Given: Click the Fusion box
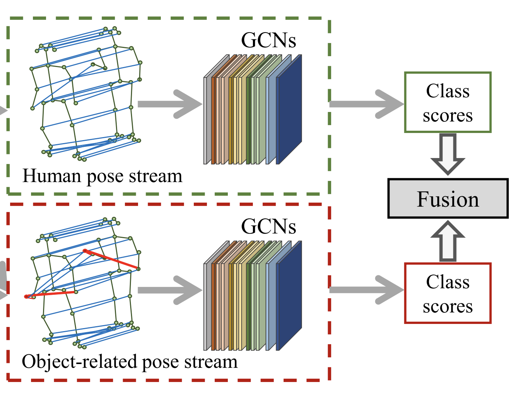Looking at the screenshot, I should click(448, 198).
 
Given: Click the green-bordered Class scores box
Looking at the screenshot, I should click(447, 102).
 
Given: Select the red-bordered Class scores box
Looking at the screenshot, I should click(447, 293).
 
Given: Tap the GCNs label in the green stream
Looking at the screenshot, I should click(268, 40).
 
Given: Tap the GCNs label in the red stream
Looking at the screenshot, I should click(268, 226).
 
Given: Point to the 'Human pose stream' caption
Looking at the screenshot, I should click(102, 176).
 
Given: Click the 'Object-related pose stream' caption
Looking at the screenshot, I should click(129, 362).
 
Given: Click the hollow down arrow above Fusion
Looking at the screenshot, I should click(448, 154).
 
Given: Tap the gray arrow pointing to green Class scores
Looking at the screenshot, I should click(367, 104).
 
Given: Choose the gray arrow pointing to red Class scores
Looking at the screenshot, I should click(367, 290).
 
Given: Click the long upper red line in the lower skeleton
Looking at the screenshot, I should click(112, 260).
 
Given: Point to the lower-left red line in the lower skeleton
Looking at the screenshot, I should click(51, 294).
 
